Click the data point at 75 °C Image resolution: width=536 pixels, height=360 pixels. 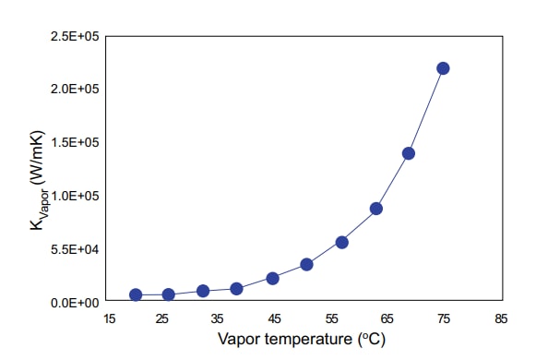[x=443, y=68]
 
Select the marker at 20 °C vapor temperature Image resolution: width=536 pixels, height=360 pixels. [x=136, y=294]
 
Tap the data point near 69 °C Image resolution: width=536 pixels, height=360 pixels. [x=409, y=153]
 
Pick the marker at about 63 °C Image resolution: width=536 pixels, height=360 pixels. [x=376, y=209]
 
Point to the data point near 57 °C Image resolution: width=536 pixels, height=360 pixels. [x=341, y=243]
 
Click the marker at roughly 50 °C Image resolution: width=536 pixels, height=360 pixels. [x=306, y=264]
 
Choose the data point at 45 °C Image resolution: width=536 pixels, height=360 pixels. [x=272, y=278]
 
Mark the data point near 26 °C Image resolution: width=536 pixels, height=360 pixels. [x=169, y=294]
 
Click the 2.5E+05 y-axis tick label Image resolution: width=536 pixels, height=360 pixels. [x=76, y=36]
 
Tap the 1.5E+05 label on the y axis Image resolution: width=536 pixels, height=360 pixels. [x=76, y=142]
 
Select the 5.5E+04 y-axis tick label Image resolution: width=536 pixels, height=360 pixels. [x=76, y=249]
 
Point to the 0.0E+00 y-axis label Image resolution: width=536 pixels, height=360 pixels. [x=76, y=303]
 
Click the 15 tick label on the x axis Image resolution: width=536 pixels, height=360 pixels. [x=108, y=318]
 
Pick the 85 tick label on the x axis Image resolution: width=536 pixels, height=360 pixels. [x=501, y=318]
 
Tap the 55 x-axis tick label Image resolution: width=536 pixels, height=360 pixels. [x=332, y=318]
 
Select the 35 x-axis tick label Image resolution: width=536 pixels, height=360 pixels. [x=220, y=318]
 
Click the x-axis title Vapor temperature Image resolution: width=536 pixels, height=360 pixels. [x=301, y=339]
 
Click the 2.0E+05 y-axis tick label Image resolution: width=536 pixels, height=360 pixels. [x=76, y=89]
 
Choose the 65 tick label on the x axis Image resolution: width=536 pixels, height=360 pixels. [x=388, y=318]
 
